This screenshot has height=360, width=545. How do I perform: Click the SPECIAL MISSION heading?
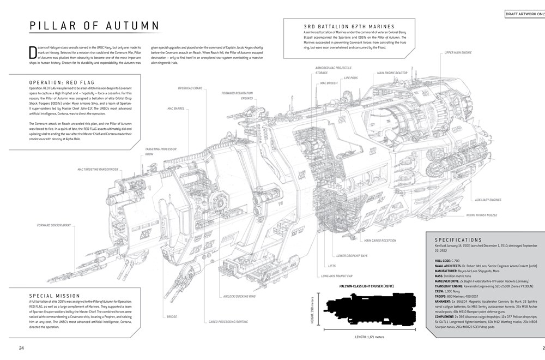[x=53, y=296]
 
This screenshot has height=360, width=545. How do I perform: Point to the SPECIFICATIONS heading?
[x=458, y=239]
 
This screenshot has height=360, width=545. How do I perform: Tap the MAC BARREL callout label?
[x=178, y=108]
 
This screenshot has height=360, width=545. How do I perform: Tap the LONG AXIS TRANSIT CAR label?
[x=342, y=276]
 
